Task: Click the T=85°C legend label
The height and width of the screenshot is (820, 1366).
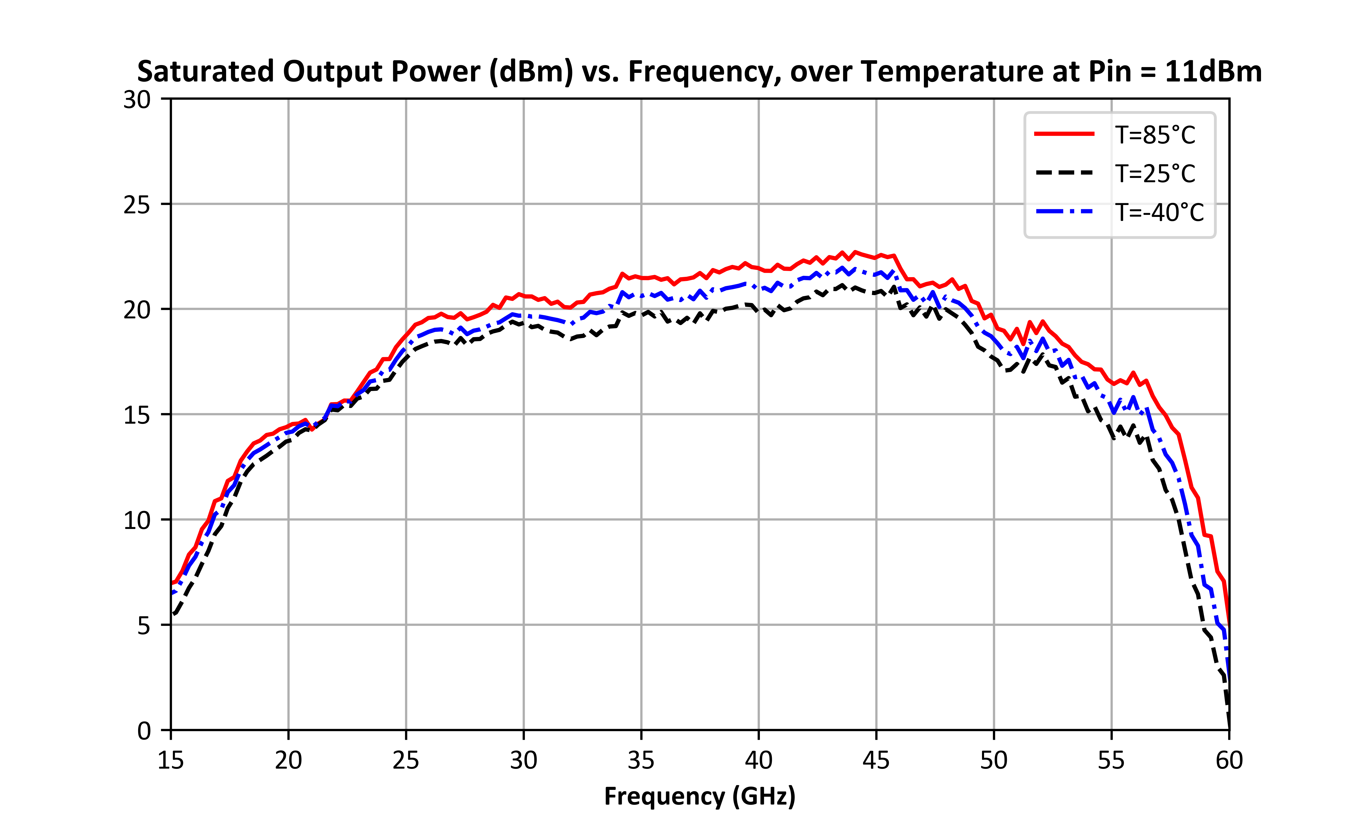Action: point(1155,135)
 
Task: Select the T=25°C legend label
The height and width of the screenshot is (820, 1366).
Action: point(1155,174)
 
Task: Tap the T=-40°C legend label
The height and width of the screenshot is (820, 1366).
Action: point(1160,212)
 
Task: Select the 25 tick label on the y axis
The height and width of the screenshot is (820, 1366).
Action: point(137,205)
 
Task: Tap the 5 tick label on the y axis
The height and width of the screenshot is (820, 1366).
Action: point(144,625)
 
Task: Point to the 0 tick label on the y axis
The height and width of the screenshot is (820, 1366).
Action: point(144,730)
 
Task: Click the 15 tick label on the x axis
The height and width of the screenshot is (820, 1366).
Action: point(171,760)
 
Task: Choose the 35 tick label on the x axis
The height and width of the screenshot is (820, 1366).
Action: point(641,760)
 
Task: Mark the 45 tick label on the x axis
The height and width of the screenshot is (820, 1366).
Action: point(876,760)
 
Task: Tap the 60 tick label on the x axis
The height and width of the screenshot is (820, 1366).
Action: point(1229,760)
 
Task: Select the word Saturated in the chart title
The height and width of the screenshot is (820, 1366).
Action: point(205,72)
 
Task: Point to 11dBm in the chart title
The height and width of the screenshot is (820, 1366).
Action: point(1214,72)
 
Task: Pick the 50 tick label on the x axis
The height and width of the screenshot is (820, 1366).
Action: point(994,760)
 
